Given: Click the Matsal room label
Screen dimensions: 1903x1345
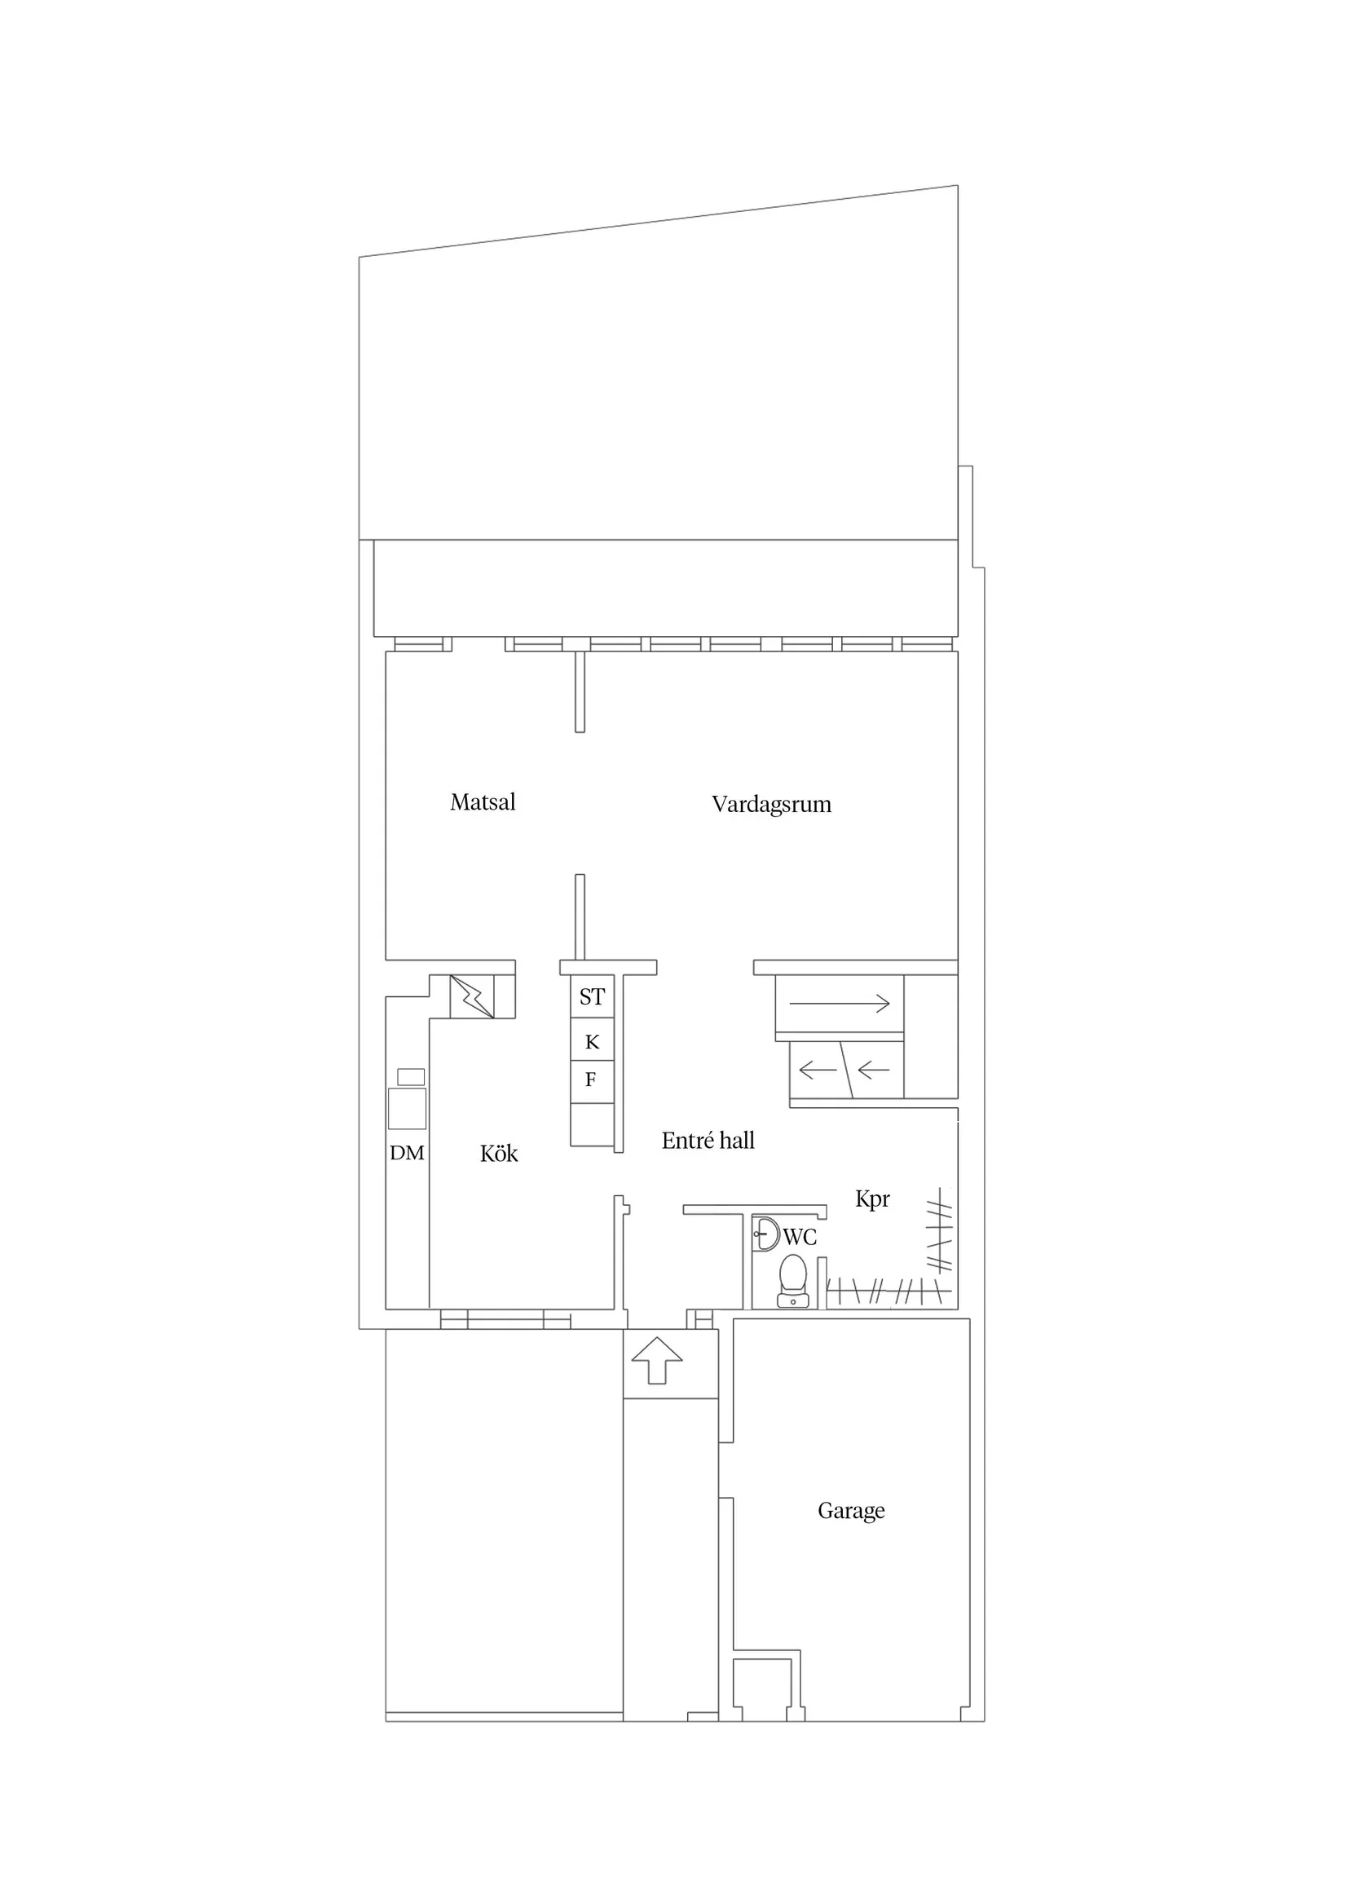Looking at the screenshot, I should click(483, 802).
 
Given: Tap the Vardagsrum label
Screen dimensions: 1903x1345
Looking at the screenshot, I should click(770, 804).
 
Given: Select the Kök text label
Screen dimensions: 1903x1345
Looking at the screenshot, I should click(498, 1154).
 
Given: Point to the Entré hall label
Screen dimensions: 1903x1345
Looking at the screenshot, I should click(708, 1141).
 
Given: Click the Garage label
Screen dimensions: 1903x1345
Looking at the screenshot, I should click(850, 1510).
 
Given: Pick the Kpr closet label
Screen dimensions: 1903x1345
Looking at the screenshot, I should click(872, 1199).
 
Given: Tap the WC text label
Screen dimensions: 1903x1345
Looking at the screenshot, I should click(800, 1238).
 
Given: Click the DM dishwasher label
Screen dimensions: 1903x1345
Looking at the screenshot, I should click(407, 1153).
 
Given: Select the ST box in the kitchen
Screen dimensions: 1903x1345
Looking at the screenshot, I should click(592, 997).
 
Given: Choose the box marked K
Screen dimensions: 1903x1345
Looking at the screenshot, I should click(592, 1042).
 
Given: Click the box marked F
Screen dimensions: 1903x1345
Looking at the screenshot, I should click(591, 1080).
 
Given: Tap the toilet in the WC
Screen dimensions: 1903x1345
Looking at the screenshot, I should click(793, 1283).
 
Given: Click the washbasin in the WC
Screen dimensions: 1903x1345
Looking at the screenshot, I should click(765, 1234).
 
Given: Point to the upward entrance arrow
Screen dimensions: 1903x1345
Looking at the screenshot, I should click(656, 1359).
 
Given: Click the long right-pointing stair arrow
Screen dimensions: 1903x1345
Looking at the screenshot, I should click(839, 1004).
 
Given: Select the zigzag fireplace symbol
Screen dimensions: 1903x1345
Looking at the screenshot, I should click(471, 997).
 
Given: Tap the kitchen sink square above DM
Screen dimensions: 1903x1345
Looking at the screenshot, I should click(407, 1108).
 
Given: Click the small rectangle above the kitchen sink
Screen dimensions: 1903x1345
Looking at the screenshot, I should click(411, 1076).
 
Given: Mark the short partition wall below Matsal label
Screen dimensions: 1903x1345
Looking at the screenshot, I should click(580, 916).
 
